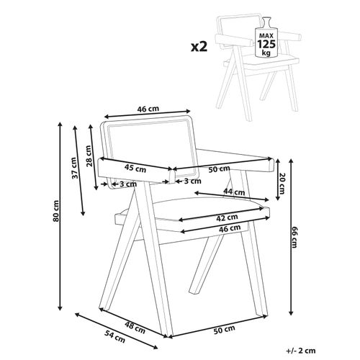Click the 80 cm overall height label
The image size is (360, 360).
(x=55, y=210)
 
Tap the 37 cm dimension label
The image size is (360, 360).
(x=75, y=168)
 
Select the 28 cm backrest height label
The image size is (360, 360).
(x=89, y=156)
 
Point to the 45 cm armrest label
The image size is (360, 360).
(x=135, y=168)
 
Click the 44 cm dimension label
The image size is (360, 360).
(x=234, y=192)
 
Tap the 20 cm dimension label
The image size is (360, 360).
(x=282, y=184)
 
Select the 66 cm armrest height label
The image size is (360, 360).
(x=294, y=237)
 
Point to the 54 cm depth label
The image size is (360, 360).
(x=115, y=336)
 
